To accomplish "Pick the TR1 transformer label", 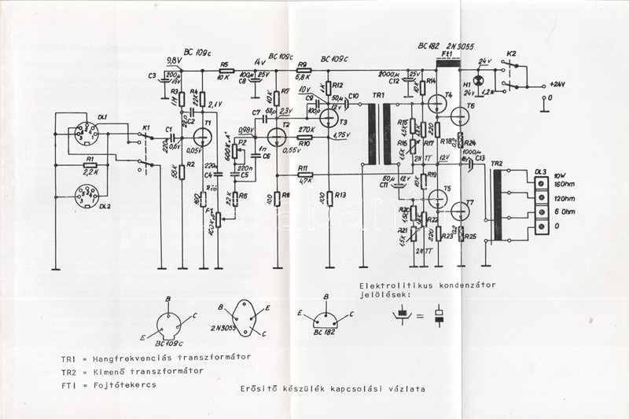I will click(378, 95).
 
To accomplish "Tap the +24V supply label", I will click(558, 83).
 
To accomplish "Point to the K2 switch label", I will click(511, 53).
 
